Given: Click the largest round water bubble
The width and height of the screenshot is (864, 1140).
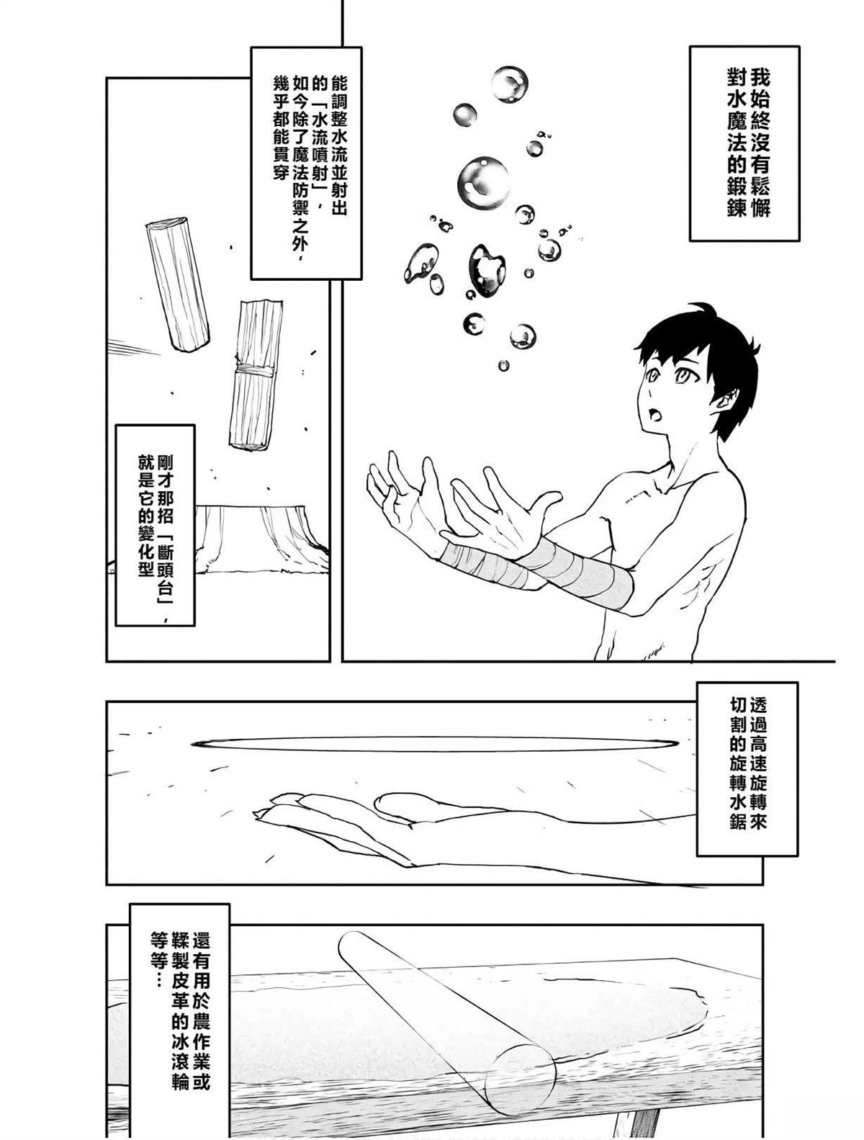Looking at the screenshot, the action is pyautogui.click(x=483, y=181).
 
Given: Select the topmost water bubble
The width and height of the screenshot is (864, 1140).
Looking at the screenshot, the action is pyautogui.click(x=509, y=84).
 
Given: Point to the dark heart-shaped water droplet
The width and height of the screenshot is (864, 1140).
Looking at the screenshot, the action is pyautogui.click(x=487, y=270).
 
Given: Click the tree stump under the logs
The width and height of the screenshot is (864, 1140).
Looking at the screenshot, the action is pyautogui.click(x=262, y=537).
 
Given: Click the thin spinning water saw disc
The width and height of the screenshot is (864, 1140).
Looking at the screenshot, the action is pyautogui.click(x=435, y=744).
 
